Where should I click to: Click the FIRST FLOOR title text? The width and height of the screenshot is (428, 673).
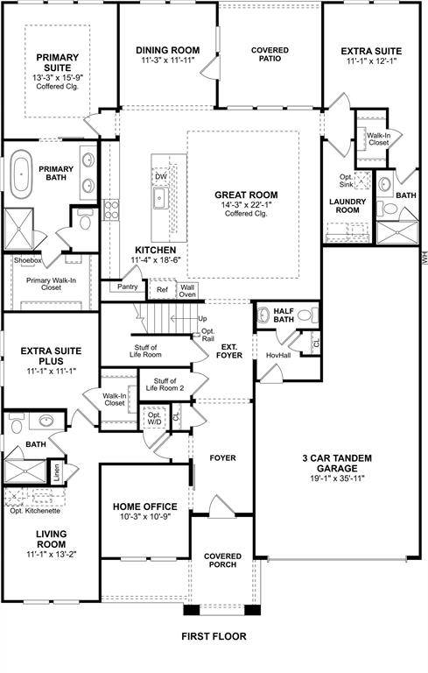(x=214, y=636)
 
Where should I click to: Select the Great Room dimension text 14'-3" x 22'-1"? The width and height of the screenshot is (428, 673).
(x=246, y=204)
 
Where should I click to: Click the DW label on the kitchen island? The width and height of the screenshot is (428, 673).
(x=161, y=177)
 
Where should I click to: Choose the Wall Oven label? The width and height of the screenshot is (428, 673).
(x=187, y=290)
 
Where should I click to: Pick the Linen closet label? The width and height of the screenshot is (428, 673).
(x=56, y=471)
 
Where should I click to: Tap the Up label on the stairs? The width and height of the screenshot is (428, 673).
(x=203, y=318)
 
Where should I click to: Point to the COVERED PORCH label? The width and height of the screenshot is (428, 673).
(x=221, y=561)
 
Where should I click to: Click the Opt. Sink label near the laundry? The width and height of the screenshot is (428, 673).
(x=347, y=182)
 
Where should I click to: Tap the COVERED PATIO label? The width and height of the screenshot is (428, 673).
(x=270, y=56)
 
